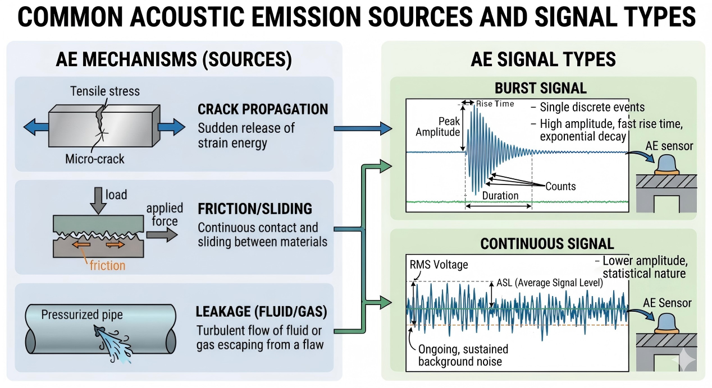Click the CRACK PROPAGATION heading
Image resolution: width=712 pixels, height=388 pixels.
pyautogui.click(x=262, y=109)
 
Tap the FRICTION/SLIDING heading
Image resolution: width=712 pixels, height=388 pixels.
pyautogui.click(x=255, y=209)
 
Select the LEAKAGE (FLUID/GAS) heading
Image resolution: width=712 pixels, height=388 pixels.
pyautogui.click(x=261, y=311)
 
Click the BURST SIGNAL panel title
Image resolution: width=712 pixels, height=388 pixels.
pyautogui.click(x=541, y=88)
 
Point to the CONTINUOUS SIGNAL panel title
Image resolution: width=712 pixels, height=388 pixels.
pyautogui.click(x=541, y=244)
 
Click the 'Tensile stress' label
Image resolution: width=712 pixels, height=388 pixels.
pyautogui.click(x=105, y=91)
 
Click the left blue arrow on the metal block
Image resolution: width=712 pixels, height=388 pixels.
pyautogui.click(x=35, y=127)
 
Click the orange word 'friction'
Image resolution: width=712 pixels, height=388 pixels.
pyautogui.click(x=108, y=265)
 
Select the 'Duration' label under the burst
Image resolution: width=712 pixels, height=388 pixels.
pyautogui.click(x=500, y=196)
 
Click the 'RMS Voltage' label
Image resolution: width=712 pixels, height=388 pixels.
pyautogui.click(x=438, y=265)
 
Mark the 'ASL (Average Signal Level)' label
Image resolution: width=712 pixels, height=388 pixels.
pyautogui.click(x=550, y=283)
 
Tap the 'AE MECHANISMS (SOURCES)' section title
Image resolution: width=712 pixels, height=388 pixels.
pyautogui.click(x=174, y=59)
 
